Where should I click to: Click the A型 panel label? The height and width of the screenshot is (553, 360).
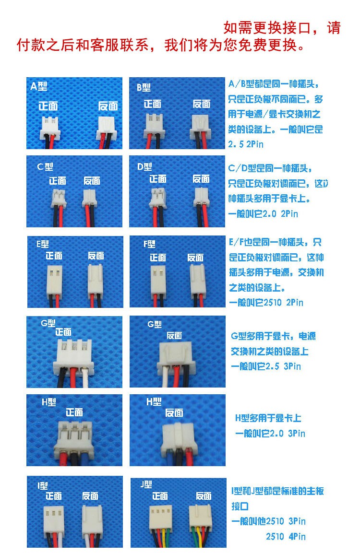click(x=39, y=86)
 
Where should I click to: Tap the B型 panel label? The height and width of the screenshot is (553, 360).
click(x=144, y=87)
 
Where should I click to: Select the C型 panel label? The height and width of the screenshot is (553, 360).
click(x=45, y=166)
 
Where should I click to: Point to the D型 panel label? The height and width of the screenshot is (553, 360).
click(x=144, y=166)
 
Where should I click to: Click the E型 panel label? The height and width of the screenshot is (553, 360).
click(x=42, y=244)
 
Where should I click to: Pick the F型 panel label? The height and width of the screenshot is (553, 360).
click(x=149, y=244)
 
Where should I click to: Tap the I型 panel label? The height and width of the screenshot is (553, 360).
click(x=43, y=486)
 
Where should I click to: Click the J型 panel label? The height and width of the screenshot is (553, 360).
click(x=146, y=484)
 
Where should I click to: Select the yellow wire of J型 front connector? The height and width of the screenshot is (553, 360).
click(x=162, y=538)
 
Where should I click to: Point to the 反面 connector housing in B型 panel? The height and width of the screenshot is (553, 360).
click(x=201, y=127)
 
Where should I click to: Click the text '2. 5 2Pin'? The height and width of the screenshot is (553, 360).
click(x=246, y=144)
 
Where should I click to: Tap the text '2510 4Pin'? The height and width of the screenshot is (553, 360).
click(x=286, y=536)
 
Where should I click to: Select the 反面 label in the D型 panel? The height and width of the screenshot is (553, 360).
click(x=201, y=179)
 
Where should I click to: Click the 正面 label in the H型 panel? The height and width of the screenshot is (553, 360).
click(x=74, y=412)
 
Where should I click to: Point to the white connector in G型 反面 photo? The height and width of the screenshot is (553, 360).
click(x=175, y=355)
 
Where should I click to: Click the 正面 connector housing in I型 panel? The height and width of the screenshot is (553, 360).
click(x=54, y=518)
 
